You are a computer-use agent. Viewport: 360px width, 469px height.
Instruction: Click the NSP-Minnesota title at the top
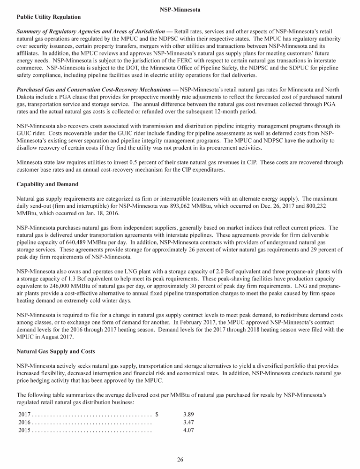click(180, 8)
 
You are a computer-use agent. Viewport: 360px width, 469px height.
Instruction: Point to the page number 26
click(180, 459)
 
